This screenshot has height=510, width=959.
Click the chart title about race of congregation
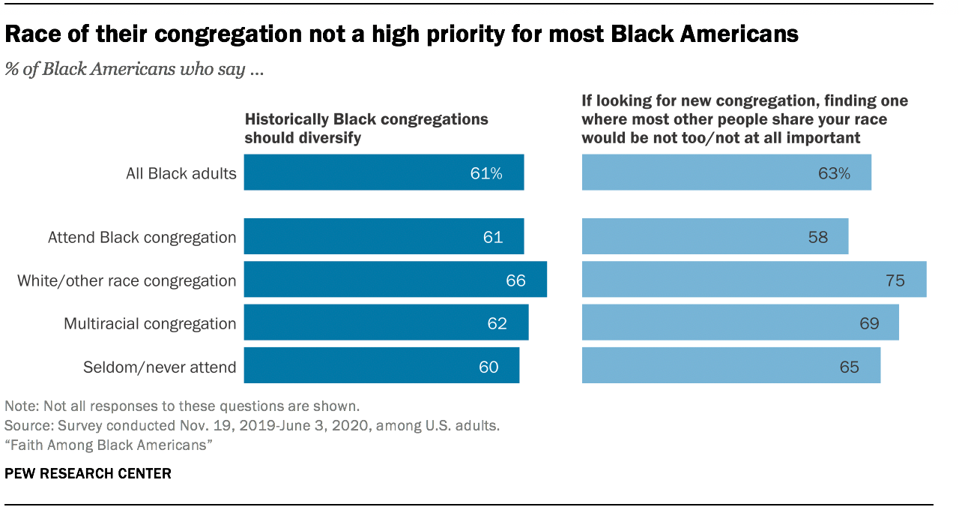[x=402, y=34]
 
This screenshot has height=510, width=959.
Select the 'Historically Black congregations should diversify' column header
[x=366, y=128]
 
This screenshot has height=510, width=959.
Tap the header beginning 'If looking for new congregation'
[x=745, y=119]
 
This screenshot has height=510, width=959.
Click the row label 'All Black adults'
[x=181, y=173]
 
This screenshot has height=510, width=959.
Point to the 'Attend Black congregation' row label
[x=142, y=237]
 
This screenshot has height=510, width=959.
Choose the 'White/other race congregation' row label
[x=127, y=280]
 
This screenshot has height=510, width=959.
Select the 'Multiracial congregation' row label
[x=150, y=324]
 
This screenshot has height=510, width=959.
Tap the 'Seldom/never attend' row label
[x=159, y=367]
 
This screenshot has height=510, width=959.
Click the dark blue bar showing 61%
[x=384, y=172]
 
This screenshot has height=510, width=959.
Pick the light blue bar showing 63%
[x=726, y=172]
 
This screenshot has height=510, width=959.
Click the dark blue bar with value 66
[x=395, y=280]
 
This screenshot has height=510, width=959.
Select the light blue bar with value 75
[x=754, y=280]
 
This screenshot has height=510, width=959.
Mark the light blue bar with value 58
[x=715, y=237]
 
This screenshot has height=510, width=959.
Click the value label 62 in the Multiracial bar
[x=497, y=324]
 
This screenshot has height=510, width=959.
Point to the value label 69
[x=868, y=324]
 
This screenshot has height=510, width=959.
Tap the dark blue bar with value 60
[x=381, y=366]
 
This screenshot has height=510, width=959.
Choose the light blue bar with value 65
[x=730, y=366]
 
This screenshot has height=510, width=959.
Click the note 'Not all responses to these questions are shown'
[x=182, y=406]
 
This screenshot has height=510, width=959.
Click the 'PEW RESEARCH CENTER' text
[x=88, y=473]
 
